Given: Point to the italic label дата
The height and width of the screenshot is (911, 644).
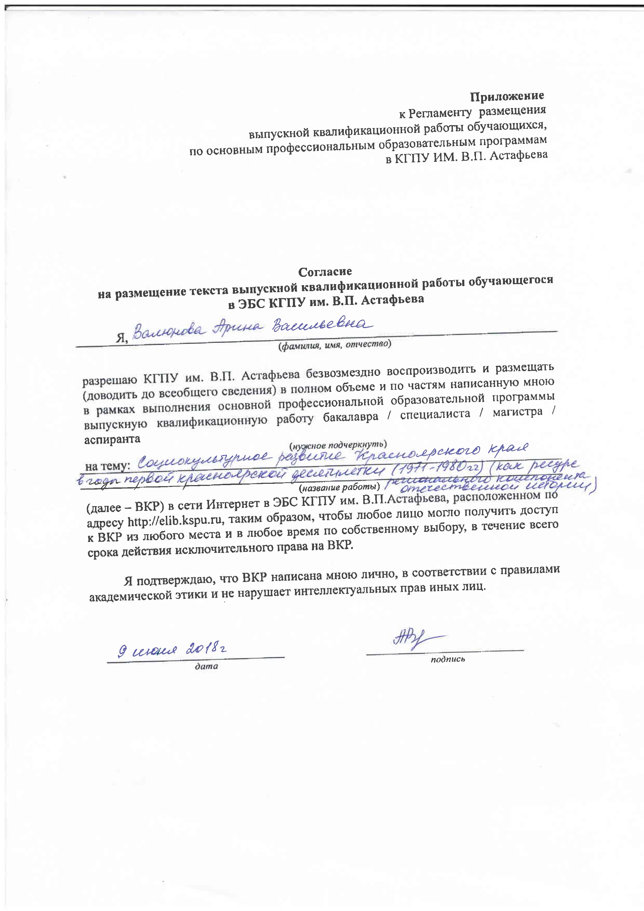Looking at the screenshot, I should coord(206,666).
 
